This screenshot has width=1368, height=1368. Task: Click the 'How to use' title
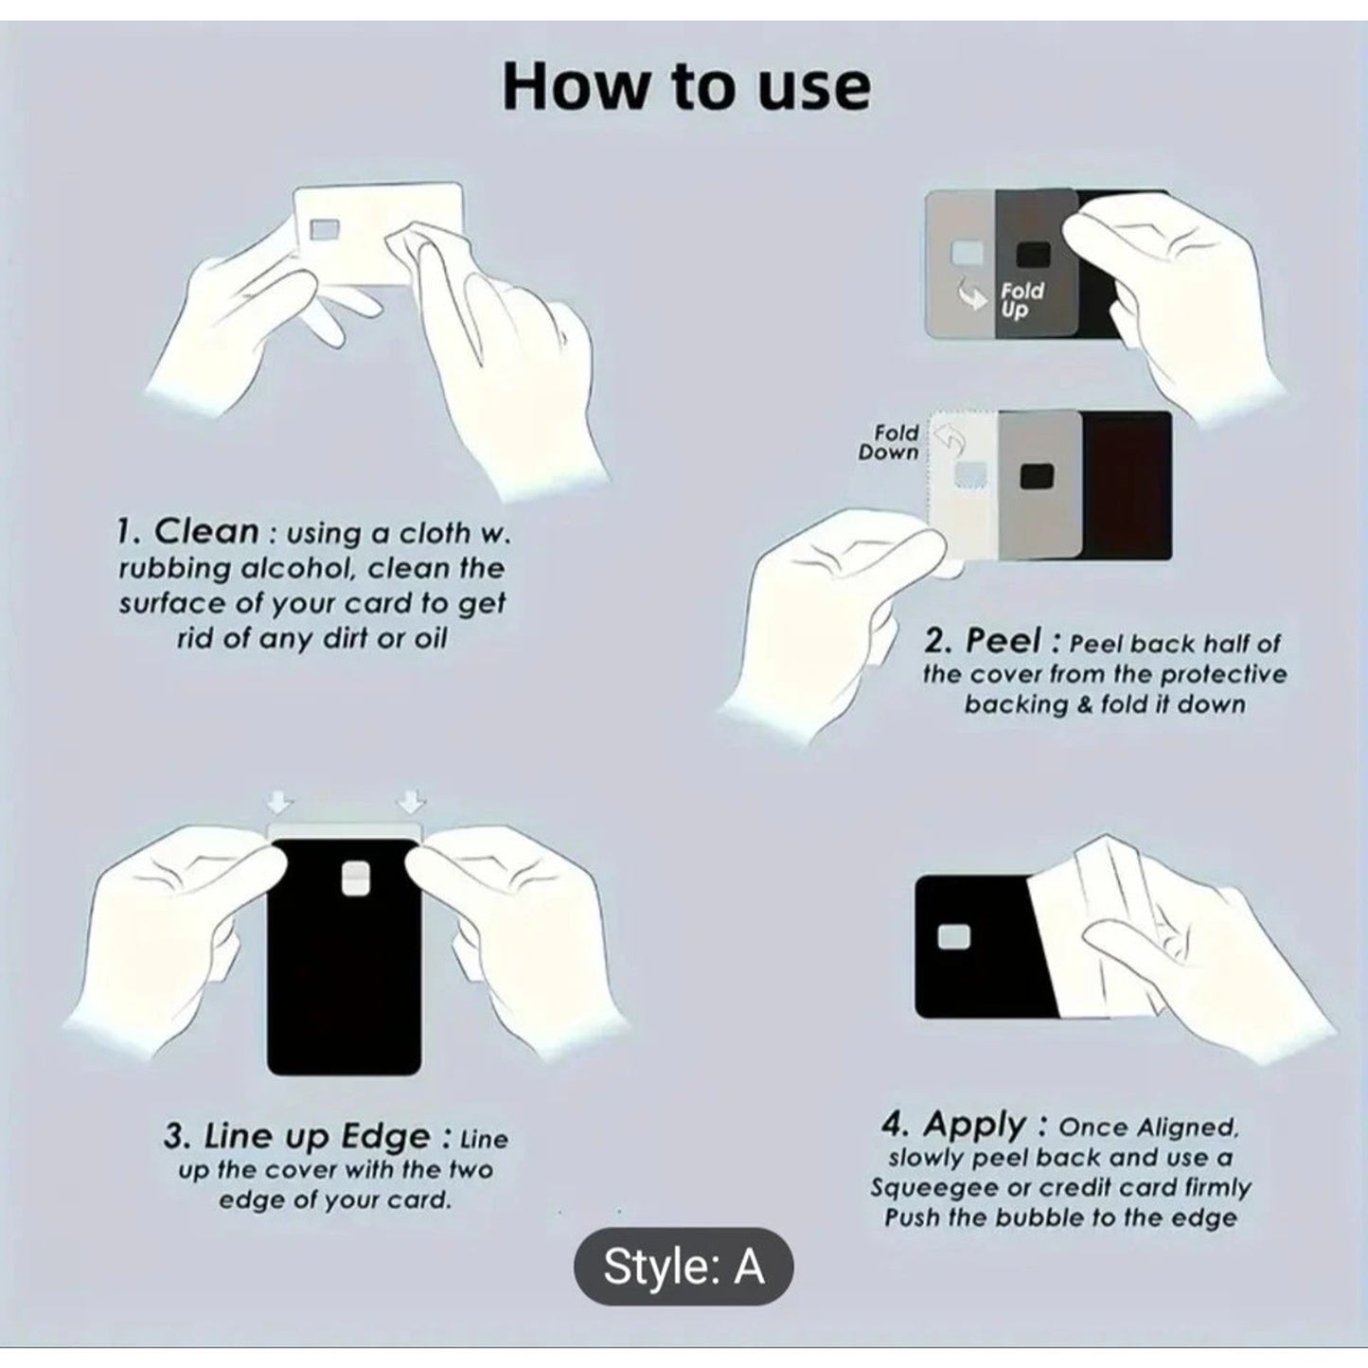point(685,86)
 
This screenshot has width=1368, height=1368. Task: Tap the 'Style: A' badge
point(683,1266)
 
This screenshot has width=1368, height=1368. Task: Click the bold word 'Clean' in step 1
point(206,532)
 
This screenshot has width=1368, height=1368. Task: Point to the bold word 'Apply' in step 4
point(975,1126)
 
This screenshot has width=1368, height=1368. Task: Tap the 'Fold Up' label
point(1022,300)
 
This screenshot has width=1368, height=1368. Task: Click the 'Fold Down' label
point(889,442)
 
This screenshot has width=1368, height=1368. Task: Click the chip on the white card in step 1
point(325,228)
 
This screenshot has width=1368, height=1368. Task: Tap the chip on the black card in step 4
point(953,937)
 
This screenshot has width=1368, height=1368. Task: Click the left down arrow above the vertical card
point(280,802)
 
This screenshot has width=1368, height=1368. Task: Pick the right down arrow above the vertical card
point(411,802)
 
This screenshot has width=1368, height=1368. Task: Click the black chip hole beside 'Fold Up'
point(1033,255)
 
